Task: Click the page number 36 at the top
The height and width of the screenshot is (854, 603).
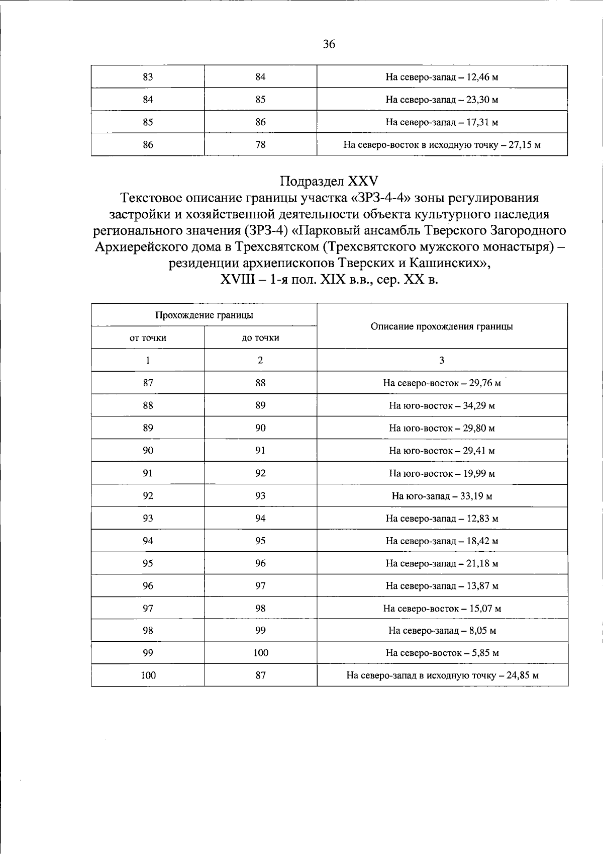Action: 329,44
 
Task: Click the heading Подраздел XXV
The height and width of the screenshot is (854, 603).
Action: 329,181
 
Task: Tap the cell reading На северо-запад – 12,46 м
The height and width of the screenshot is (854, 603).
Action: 442,77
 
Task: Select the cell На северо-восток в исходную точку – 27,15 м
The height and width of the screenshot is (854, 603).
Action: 442,145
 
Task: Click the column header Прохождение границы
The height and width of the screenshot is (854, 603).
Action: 204,315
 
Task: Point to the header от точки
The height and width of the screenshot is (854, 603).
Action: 148,338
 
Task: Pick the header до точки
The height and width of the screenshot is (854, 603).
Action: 260,338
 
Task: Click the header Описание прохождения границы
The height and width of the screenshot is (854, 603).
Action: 442,326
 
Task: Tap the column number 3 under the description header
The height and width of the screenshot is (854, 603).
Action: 442,360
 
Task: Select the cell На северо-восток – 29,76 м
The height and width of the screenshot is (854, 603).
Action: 442,383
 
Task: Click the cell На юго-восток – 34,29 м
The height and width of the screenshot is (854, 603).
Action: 442,406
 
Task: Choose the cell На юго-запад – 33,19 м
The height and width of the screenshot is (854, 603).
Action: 442,496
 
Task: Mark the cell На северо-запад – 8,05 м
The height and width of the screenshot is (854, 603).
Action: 442,631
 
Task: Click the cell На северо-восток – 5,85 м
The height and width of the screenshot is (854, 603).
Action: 442,653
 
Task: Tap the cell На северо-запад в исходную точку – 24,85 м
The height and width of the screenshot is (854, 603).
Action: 442,675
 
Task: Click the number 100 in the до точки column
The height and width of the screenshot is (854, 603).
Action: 260,653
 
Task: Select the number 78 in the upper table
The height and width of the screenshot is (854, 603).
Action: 260,145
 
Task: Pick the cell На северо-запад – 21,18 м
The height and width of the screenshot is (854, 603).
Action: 442,564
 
